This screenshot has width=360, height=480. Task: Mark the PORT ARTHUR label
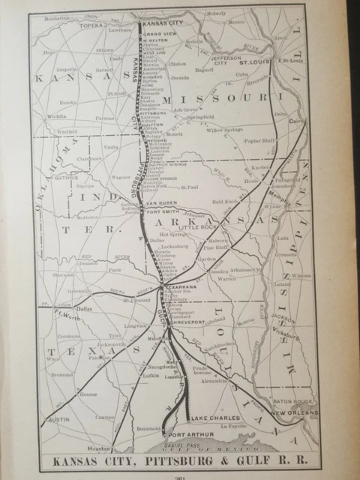coord(187,434)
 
